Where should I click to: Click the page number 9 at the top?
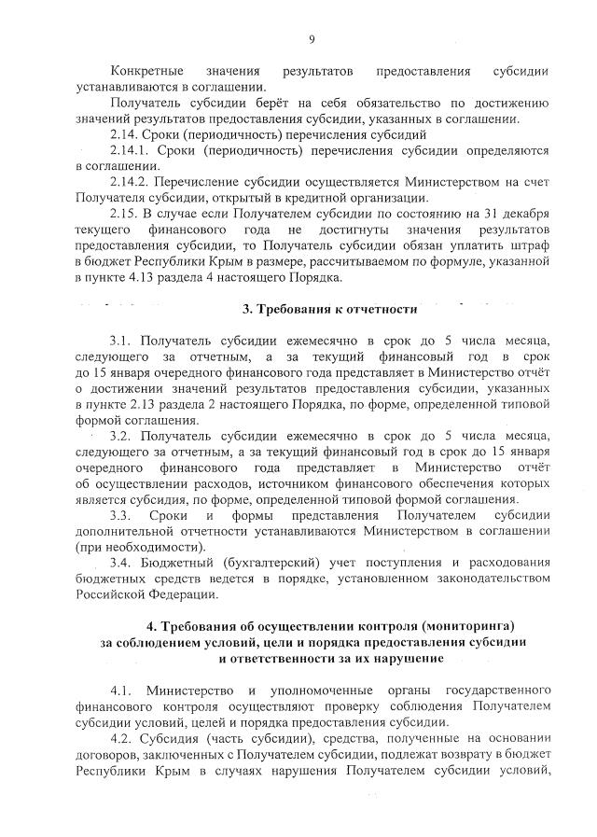point(312,38)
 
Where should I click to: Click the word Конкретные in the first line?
point(145,72)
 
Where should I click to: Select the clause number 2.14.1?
point(129,150)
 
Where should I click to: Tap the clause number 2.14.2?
point(129,181)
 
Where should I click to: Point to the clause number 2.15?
point(122,214)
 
